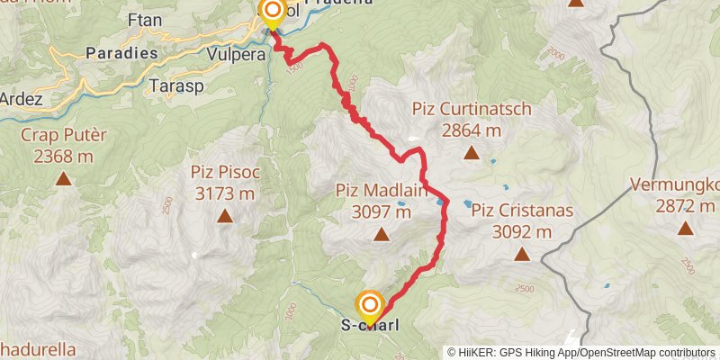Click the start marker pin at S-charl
coord(369,306)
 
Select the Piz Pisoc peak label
coord(224,172)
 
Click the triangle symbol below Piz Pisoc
coord(223,216)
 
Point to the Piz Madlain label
coord(373,191)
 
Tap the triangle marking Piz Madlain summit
coord(381,236)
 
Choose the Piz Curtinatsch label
coord(472,109)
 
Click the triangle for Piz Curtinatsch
coord(471,152)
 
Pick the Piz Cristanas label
coord(522,211)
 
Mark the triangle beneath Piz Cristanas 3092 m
coord(522,256)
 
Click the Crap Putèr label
coord(64,135)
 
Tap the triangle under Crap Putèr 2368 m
coord(64,178)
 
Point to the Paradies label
coord(121,53)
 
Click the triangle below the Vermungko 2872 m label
coord(687,229)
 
